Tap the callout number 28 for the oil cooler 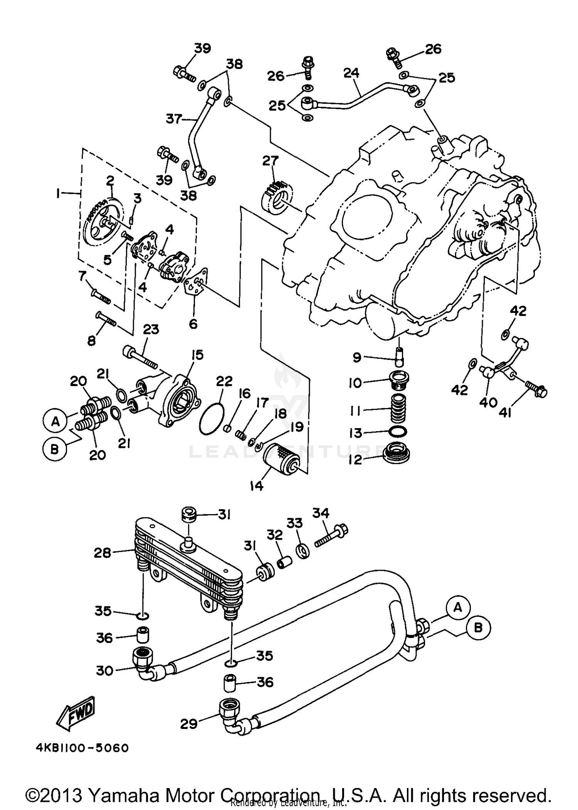pos(102,553)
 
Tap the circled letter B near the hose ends pos(478,628)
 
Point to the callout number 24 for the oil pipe pos(351,73)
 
